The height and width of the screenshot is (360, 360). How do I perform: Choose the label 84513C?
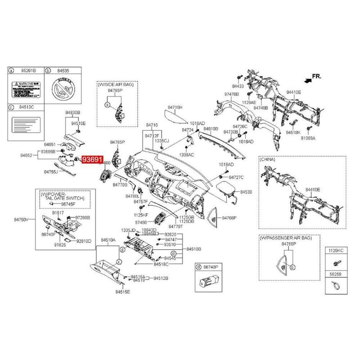coord(26,107)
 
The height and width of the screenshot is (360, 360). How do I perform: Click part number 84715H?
coord(175,108)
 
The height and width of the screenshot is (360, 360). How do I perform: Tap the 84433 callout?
coord(238,85)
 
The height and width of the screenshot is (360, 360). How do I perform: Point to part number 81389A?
coord(308,139)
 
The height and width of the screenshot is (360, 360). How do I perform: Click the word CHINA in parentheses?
coord(268,159)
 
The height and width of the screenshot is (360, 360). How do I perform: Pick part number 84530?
coord(246,192)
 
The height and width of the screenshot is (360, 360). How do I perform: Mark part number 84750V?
coord(21,219)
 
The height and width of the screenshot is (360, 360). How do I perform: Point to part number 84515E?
coord(121,292)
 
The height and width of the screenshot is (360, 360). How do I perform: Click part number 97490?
coord(141,222)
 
